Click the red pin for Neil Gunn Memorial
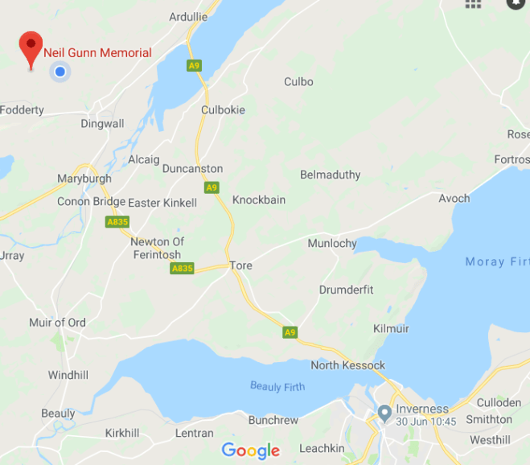click(x=31, y=48)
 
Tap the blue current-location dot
click(x=59, y=73)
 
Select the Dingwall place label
click(x=102, y=124)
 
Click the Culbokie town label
click(x=223, y=109)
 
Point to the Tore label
click(x=241, y=265)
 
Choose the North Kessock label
click(x=347, y=365)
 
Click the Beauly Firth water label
click(x=277, y=387)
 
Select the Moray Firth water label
click(x=496, y=261)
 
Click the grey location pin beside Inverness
click(x=384, y=414)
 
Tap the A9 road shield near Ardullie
click(x=194, y=65)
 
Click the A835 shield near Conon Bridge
click(x=117, y=221)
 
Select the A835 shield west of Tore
click(x=182, y=268)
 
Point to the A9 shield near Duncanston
click(x=211, y=187)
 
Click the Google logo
click(x=251, y=451)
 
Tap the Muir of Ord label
click(x=58, y=323)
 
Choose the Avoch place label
click(x=454, y=199)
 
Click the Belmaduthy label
click(x=330, y=175)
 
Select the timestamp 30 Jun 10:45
click(x=427, y=422)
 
